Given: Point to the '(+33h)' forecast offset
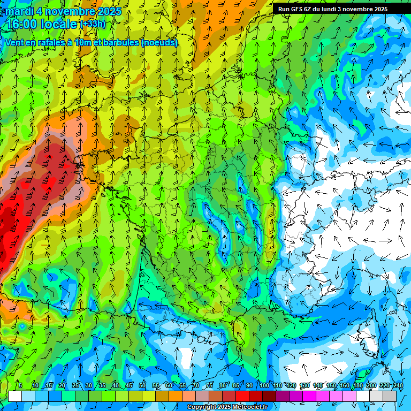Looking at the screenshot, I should point(93,24).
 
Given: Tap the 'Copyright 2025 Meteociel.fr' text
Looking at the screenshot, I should point(227,407).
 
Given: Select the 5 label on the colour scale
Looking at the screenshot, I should point(20,385).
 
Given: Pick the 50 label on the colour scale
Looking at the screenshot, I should point(142,385).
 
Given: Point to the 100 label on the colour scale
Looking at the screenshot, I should point(264,385).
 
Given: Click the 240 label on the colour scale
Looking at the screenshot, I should point(398,385).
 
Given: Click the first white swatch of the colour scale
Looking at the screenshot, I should point(15,396).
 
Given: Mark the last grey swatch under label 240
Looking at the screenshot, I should point(390,396).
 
